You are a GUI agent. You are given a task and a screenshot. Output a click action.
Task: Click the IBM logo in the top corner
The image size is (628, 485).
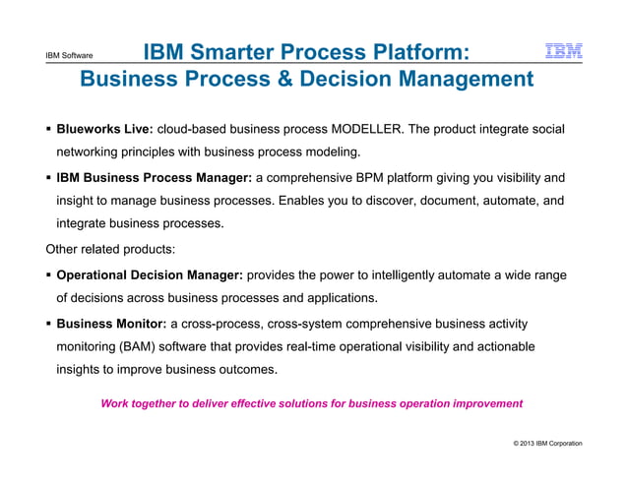click(x=563, y=51)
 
